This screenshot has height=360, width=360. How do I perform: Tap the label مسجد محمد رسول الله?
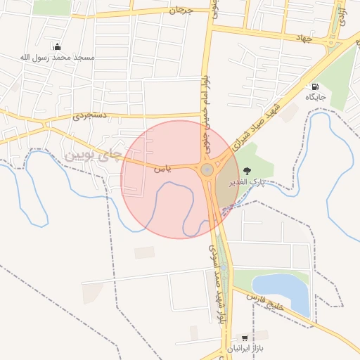click(x=57, y=56)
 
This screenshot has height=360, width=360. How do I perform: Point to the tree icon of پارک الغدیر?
click(x=246, y=171)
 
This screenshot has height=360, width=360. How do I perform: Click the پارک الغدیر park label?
click(x=247, y=181)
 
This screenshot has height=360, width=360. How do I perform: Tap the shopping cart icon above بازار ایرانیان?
click(x=244, y=338)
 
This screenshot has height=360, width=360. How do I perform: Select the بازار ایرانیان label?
click(x=245, y=349)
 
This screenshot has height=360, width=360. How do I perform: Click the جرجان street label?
click(x=181, y=11)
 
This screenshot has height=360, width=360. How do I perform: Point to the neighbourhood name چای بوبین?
click(x=93, y=153)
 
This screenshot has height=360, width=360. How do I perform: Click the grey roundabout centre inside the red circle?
click(x=207, y=169)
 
